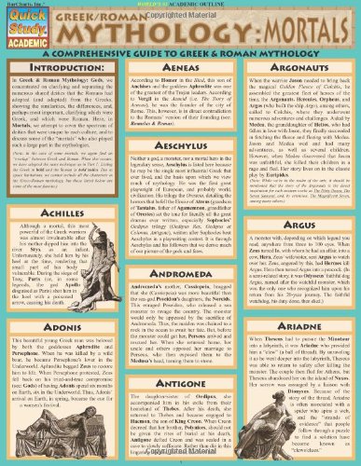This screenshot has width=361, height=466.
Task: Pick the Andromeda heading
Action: (180, 280)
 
